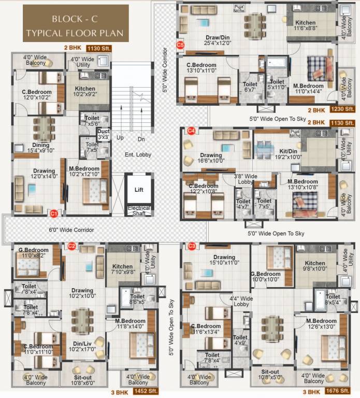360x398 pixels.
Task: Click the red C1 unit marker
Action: tap(53, 212)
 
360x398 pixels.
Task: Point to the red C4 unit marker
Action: tap(191, 131)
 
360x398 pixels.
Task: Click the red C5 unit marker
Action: tap(180, 45)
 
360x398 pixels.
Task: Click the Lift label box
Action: tap(139, 190)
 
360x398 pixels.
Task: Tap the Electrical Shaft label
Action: tap(139, 210)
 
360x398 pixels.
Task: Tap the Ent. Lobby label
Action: tap(137, 154)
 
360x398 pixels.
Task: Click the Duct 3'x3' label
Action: tap(104, 135)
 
